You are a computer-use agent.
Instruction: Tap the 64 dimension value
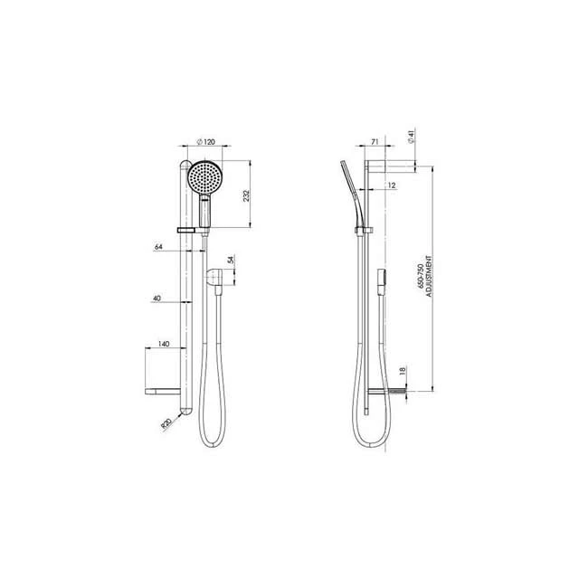tap(158, 245)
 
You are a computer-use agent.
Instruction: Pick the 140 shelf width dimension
tap(163, 345)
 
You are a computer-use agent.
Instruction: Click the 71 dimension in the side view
tap(349, 143)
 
